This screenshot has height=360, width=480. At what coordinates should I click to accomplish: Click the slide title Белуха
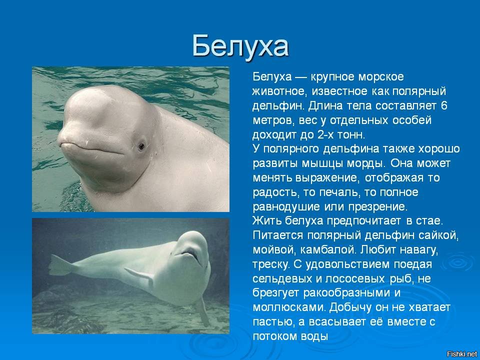(240, 46)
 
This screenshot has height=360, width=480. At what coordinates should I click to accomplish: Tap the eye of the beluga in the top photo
(141, 146)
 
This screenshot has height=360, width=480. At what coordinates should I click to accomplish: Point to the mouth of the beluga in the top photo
(92, 148)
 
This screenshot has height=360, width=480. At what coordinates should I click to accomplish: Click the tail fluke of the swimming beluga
(61, 265)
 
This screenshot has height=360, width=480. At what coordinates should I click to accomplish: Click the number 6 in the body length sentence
(444, 105)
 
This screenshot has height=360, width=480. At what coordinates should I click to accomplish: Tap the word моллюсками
(289, 307)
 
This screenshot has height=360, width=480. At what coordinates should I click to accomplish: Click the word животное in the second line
(278, 91)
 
